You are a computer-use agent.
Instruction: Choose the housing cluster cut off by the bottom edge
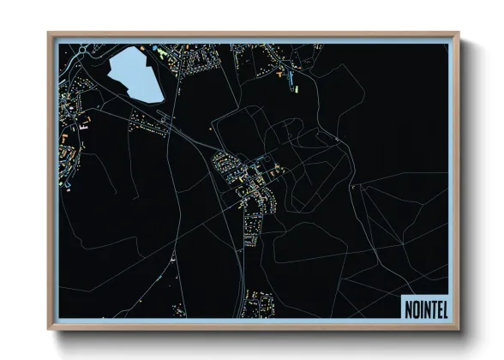click(258, 304)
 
